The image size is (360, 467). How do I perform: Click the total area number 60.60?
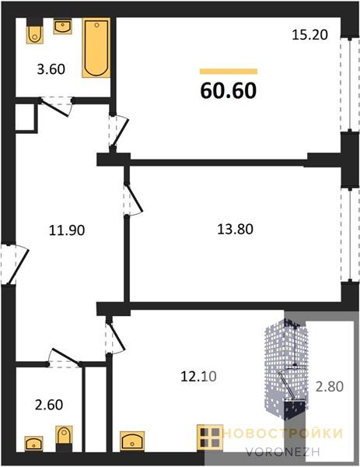pyautogui.click(x=229, y=90)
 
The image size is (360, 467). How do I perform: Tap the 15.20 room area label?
pyautogui.click(x=309, y=35)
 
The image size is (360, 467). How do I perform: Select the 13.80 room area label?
pyautogui.click(x=236, y=230)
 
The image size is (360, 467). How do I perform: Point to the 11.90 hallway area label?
pyautogui.click(x=67, y=230)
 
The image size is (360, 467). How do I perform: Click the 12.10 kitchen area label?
pyautogui.click(x=199, y=377)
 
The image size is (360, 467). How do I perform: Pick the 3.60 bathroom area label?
pyautogui.click(x=51, y=69)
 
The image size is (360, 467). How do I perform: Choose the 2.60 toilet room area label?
pyautogui.click(x=50, y=405)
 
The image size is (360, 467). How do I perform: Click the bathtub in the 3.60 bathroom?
pyautogui.click(x=96, y=48)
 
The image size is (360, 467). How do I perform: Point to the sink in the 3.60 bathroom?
pyautogui.click(x=62, y=26)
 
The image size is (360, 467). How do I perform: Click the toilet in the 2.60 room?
pyautogui.click(x=64, y=435)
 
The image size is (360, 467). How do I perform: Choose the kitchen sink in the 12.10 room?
pyautogui.click(x=132, y=441)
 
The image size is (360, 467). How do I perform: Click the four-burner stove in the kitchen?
pyautogui.click(x=210, y=437)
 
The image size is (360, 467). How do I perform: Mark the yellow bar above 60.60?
pyautogui.click(x=229, y=71)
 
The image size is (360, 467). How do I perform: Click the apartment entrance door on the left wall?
pyautogui.click(x=14, y=265)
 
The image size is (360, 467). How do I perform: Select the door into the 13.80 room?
pyautogui.click(x=133, y=198)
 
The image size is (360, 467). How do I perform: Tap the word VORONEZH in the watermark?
pyautogui.click(x=283, y=451)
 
